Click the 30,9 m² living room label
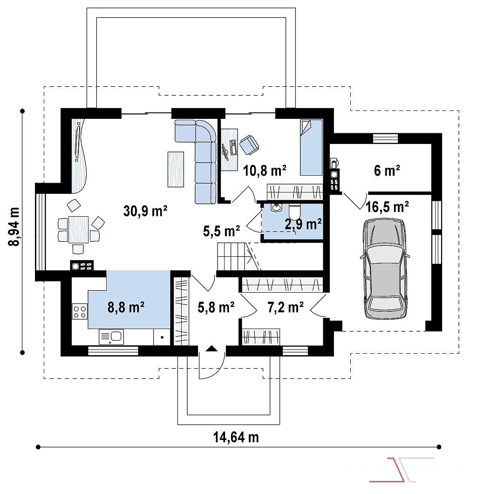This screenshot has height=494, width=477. [145, 211]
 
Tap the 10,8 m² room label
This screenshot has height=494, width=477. [265, 171]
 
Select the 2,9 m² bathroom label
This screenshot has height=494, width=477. [303, 224]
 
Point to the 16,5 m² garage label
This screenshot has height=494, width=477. [387, 207]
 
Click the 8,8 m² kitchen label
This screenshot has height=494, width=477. [126, 307]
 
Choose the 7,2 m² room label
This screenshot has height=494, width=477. [286, 307]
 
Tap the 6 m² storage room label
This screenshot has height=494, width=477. [387, 171]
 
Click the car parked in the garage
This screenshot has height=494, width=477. [385, 269]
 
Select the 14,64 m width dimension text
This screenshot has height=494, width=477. [236, 437]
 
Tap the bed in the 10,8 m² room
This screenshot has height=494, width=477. [311, 147]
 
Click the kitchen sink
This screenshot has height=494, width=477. [111, 337]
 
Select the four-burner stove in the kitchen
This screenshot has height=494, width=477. [80, 311]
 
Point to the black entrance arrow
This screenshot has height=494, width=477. [212, 348]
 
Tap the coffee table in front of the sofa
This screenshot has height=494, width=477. [176, 169]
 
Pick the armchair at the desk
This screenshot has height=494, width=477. [249, 145]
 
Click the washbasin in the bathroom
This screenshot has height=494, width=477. [276, 207]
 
